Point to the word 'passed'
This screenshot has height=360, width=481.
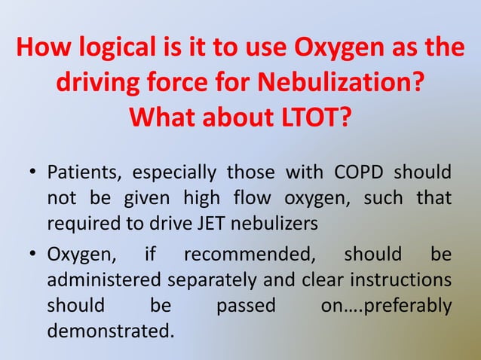[x=246, y=304]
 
